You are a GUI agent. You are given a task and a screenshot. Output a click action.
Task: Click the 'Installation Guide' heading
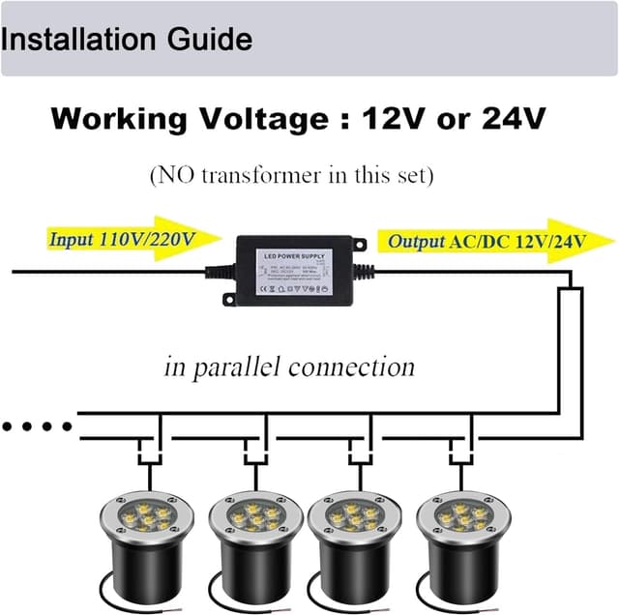pyautogui.click(x=127, y=41)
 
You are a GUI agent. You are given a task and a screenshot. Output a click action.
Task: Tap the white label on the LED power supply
pyautogui.click(x=293, y=272)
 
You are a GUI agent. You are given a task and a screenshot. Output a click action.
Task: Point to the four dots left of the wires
pyautogui.click(x=38, y=425)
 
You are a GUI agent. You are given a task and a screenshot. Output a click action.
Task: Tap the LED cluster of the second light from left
pyautogui.click(x=249, y=517)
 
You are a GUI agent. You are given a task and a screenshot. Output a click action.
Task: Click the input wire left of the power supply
pyautogui.click(x=106, y=272)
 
